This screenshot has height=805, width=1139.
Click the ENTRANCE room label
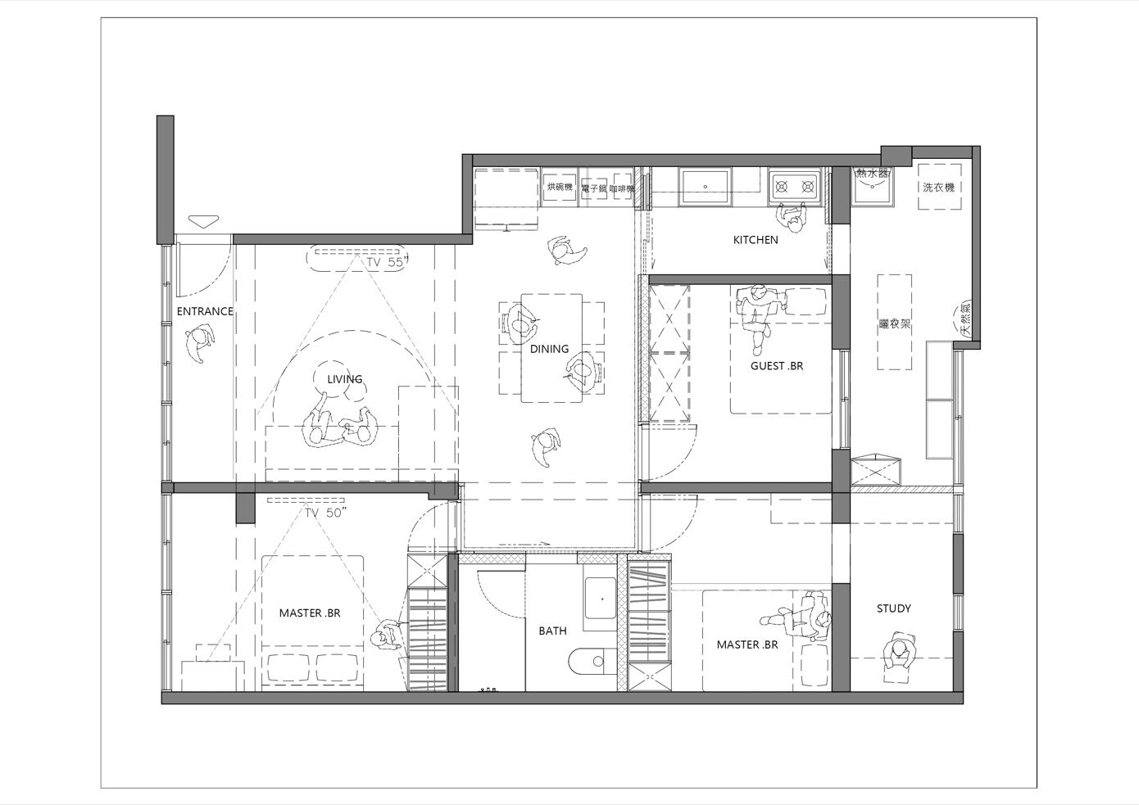(205, 311)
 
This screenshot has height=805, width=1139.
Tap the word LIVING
(344, 379)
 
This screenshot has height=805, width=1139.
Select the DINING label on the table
(549, 349)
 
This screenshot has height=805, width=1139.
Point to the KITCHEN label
(756, 240)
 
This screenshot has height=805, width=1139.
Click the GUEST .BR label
(777, 366)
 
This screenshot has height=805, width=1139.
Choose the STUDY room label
(893, 608)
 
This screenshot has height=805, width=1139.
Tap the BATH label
(552, 631)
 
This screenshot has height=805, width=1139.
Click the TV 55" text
(387, 263)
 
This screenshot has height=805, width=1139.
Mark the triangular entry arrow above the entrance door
(203, 221)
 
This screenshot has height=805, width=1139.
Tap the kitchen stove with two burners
(793, 187)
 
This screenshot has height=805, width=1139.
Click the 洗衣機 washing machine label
(938, 188)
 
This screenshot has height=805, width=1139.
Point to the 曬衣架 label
(895, 323)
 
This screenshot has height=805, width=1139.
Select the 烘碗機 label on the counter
(560, 188)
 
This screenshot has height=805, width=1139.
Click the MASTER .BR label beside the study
(747, 644)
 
